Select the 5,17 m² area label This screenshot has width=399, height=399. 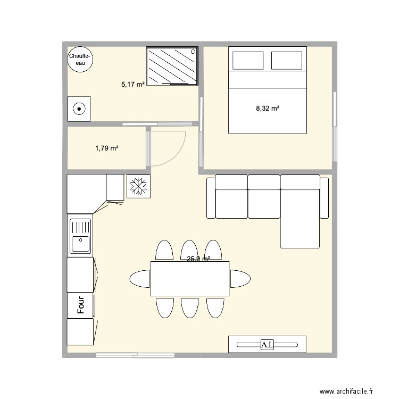(133, 84)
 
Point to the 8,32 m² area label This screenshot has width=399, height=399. (268, 109)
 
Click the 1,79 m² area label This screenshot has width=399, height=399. (107, 148)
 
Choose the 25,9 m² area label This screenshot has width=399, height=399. (198, 259)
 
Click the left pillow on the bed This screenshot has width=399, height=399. (248, 61)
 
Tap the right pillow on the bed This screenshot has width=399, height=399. (287, 61)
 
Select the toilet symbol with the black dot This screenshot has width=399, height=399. (79, 110)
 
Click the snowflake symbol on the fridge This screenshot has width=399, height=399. (139, 186)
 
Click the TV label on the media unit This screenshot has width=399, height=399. (267, 345)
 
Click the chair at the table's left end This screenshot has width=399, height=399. (140, 278)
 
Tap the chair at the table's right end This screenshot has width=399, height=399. (240, 278)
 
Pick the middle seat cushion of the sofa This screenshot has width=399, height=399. (264, 197)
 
